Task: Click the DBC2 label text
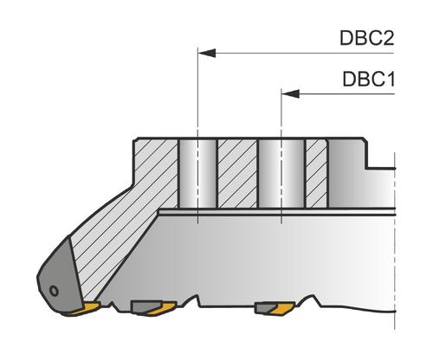point(367,38)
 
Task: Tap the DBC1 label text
point(369,79)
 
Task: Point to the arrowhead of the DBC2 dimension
point(207,53)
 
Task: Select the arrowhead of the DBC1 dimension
point(290,93)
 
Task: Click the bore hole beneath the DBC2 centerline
point(197,174)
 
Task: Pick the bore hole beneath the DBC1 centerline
point(281,174)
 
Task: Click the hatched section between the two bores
point(237,174)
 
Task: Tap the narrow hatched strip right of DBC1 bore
point(316,174)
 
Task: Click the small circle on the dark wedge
point(54,291)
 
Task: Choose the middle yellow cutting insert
point(161,309)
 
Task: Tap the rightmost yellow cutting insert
point(283,309)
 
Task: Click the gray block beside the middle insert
point(145,306)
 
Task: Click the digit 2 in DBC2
point(387,38)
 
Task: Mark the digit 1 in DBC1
point(389,79)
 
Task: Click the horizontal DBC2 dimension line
point(296,53)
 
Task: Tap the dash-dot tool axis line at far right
point(395,241)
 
